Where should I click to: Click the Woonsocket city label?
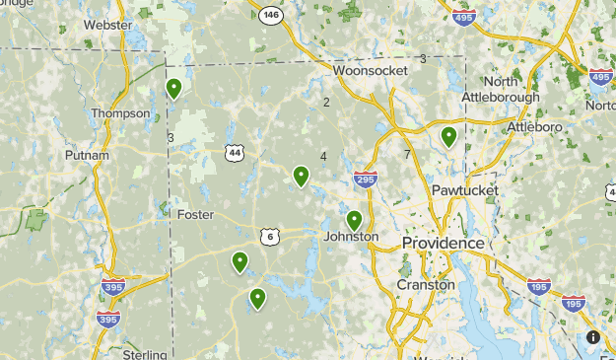coord(370,71)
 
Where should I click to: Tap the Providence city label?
coord(443,243)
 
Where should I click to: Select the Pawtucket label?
coord(464,189)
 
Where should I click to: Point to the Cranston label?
coord(425,284)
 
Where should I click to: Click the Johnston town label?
coord(351,237)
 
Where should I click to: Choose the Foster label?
coord(195,214)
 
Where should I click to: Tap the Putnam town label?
coord(86,156)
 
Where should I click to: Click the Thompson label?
coord(120,113)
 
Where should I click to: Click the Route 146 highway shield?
coord(270,15)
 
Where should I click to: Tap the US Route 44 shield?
coord(234,153)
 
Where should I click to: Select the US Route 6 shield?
coord(270,237)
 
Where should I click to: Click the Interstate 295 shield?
coord(365,179)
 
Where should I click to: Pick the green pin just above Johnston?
coord(354,220)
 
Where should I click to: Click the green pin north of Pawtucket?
coord(448,136)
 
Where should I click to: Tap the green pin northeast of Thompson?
coord(173,89)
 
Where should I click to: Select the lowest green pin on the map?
coord(257,297)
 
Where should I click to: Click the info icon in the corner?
coord(593,337)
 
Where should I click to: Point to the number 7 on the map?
coord(406,155)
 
